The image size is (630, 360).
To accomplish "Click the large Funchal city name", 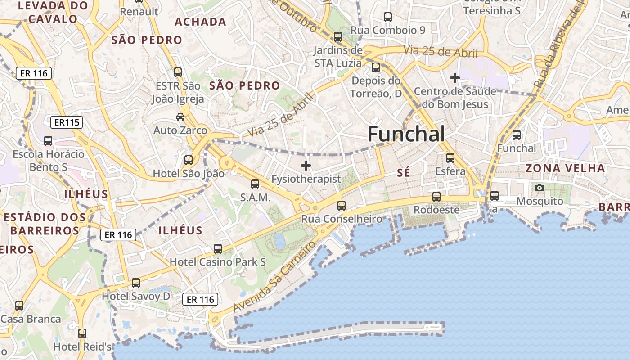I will pyautogui.click(x=406, y=134).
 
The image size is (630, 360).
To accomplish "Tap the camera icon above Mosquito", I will pyautogui.click(x=539, y=188).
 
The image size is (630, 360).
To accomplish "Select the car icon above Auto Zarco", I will pyautogui.click(x=180, y=117).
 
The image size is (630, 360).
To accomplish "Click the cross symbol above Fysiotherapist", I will pyautogui.click(x=306, y=166).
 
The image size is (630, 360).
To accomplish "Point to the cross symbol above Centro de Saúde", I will pyautogui.click(x=455, y=78).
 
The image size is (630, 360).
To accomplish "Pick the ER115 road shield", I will pyautogui.click(x=66, y=122).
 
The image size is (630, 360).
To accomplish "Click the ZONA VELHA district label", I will pyautogui.click(x=565, y=168).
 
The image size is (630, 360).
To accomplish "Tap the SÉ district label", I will pyautogui.click(x=404, y=173).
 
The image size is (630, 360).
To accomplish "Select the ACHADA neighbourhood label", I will pyautogui.click(x=200, y=22).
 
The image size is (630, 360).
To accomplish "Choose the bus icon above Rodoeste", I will pyautogui.click(x=436, y=197).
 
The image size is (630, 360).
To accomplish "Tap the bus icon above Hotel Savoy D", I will pyautogui.click(x=136, y=283).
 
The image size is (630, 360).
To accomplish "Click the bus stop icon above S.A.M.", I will pyautogui.click(x=255, y=184).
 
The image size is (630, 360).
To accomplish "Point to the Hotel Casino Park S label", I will pyautogui.click(x=217, y=262).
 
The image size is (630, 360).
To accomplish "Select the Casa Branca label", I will pyautogui.click(x=31, y=319).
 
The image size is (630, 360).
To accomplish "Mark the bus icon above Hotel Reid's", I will pyautogui.click(x=82, y=333).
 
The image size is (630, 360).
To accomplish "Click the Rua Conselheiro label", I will pyautogui.click(x=342, y=219).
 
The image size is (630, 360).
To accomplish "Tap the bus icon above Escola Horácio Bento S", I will pyautogui.click(x=48, y=141).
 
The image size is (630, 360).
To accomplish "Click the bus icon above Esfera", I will pyautogui.click(x=450, y=158).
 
